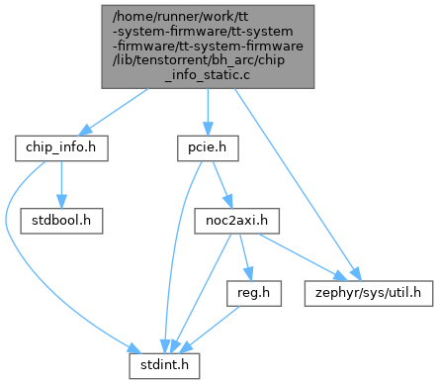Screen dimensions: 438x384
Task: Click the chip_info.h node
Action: pyautogui.click(x=61, y=148)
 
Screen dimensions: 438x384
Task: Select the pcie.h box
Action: pyautogui.click(x=208, y=148)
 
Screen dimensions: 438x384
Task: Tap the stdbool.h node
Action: pyautogui.click(x=61, y=221)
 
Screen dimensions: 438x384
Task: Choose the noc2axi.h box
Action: pyautogui.click(x=236, y=221)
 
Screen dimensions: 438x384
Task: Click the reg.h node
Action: pyautogui.click(x=254, y=293)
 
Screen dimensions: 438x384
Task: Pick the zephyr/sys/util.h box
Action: pyautogui.click(x=369, y=293)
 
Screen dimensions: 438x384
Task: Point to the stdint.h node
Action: pyautogui.click(x=164, y=366)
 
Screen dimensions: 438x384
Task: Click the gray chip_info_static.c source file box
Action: pyautogui.click(x=208, y=47)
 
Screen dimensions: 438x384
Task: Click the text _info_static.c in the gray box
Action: pyautogui.click(x=208, y=75)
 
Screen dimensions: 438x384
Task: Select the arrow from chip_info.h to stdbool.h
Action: pyautogui.click(x=61, y=185)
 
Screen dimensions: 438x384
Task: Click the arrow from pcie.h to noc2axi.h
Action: pyautogui.click(x=222, y=185)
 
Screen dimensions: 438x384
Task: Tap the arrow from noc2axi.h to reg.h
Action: pyautogui.click(x=246, y=257)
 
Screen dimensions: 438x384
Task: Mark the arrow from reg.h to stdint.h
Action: pyautogui.click(x=210, y=330)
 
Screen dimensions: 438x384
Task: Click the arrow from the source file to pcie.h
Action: pyautogui.click(x=208, y=112)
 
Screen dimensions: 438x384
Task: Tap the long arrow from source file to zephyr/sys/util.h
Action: pyautogui.click(x=298, y=185)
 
